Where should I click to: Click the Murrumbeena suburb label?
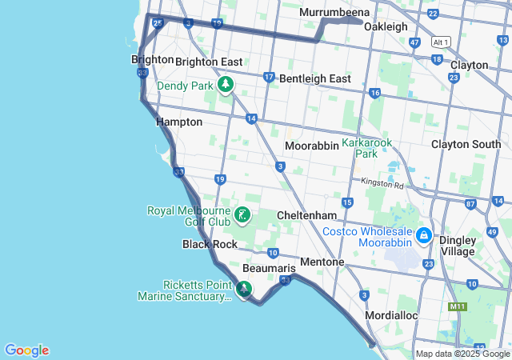(x=334, y=13)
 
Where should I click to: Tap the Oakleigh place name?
(x=387, y=26)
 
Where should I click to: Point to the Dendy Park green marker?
(x=226, y=84)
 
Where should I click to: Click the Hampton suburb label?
(x=179, y=122)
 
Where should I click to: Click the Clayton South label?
(x=466, y=145)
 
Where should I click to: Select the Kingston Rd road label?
(x=382, y=184)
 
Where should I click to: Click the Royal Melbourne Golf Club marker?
(x=241, y=215)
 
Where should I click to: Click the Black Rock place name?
(x=210, y=244)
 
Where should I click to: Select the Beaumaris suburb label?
(x=263, y=268)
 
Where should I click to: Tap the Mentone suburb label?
(x=322, y=262)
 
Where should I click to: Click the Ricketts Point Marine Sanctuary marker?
(x=245, y=289)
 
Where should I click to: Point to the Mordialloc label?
(x=391, y=316)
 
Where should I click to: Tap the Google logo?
(x=26, y=350)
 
